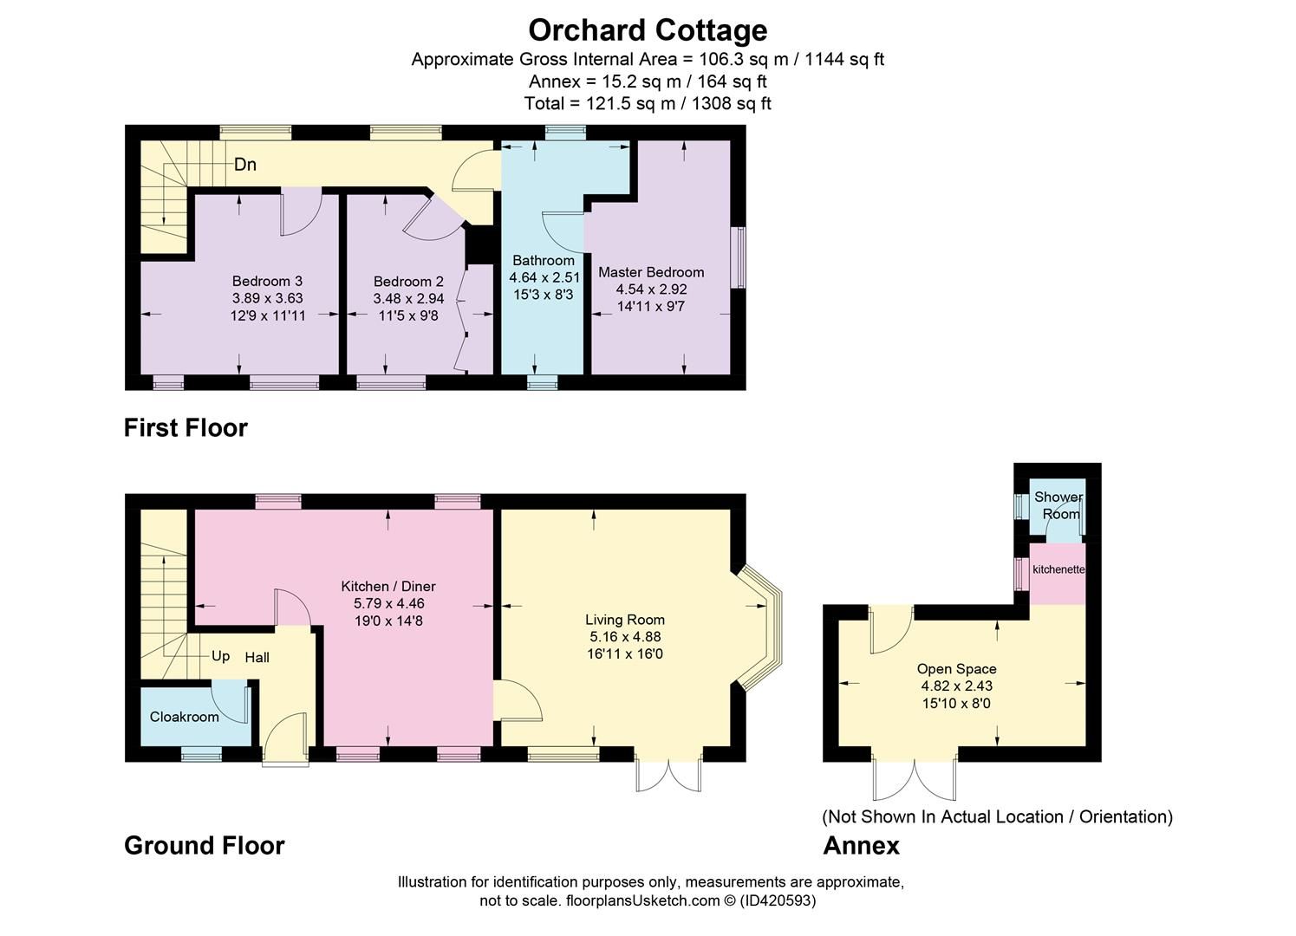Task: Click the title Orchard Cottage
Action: [648, 30]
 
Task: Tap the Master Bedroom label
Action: [651, 272]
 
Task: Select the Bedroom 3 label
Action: [267, 281]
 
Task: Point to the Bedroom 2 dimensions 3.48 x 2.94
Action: [408, 299]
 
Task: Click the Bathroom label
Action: [544, 261]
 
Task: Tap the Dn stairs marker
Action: [245, 165]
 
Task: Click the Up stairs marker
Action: [221, 656]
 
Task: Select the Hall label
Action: [257, 658]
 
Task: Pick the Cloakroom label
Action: [184, 717]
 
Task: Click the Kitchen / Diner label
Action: [387, 587]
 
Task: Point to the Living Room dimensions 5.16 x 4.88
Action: [624, 637]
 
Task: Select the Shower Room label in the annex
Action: [1058, 505]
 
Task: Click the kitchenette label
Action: [1058, 569]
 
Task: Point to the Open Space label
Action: [956, 669]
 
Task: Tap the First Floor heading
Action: [186, 428]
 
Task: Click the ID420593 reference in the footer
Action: [778, 900]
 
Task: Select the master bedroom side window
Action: [738, 257]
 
